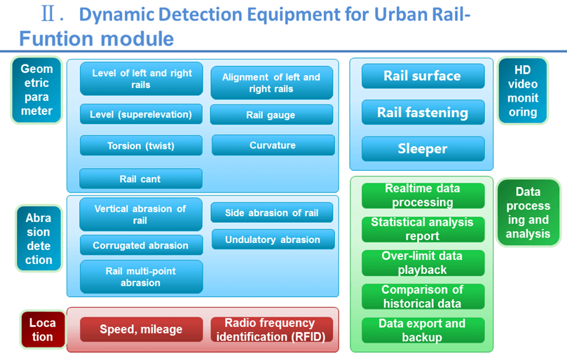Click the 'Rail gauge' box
coord(271,115)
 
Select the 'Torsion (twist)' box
coord(141,145)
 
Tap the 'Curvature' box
coord(273,145)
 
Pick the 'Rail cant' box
coord(141,179)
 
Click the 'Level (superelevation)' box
coord(141,114)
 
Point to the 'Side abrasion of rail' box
coord(272,212)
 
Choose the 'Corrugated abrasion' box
coord(141,245)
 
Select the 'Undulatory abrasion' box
coord(273,240)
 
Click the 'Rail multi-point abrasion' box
coord(141,277)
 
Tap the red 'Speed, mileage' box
coord(142,329)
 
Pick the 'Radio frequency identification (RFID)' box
coord(271,329)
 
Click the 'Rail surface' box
coord(423,76)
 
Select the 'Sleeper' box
coord(423,148)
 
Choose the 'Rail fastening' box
coord(423,112)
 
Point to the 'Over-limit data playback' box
coord(423,263)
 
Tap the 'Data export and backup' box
coord(423,330)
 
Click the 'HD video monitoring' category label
coord(523,91)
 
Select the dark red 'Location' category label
coord(43,329)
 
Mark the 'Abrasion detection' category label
coord(39,239)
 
